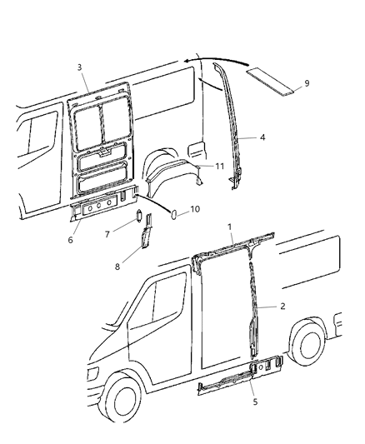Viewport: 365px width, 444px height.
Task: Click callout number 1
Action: (230, 227)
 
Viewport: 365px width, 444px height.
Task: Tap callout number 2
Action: (282, 307)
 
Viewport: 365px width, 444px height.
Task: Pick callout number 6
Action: (72, 240)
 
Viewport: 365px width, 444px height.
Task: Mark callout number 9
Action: (307, 83)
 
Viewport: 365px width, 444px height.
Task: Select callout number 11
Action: (220, 166)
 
